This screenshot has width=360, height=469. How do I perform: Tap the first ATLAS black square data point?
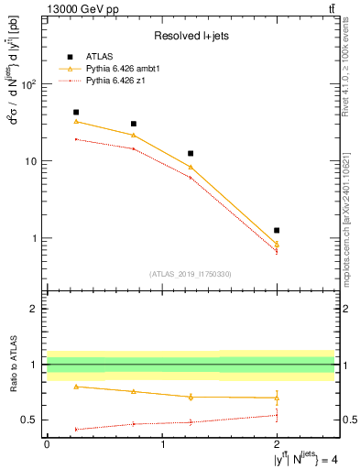[x=76, y=113]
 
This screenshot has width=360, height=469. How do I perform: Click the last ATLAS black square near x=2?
[x=277, y=230]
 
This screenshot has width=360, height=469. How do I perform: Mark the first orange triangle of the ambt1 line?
[x=76, y=122]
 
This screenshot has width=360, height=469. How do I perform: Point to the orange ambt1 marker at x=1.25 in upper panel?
[x=191, y=168]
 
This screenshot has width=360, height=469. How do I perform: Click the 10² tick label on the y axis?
[x=28, y=84]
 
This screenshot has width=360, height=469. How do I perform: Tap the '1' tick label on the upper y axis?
[x=36, y=238]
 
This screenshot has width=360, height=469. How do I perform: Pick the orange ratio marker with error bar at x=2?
[x=277, y=398]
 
